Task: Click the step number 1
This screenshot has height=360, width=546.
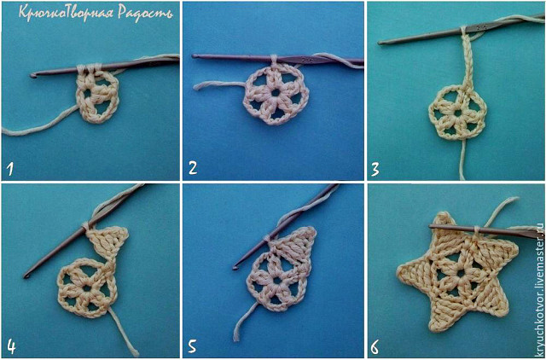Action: (9, 169)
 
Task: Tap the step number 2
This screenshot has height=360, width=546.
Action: (193, 168)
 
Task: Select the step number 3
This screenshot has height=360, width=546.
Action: (375, 170)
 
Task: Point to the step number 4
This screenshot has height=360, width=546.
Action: (11, 346)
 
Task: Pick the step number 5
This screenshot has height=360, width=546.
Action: (194, 346)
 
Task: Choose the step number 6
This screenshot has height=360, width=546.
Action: (375, 347)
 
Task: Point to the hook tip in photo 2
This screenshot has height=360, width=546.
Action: (195, 55)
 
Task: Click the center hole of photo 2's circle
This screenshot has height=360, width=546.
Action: (276, 93)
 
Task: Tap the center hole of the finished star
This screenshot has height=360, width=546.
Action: (461, 274)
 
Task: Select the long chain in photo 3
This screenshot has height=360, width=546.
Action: (467, 61)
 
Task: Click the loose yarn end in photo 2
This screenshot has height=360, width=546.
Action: (195, 87)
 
